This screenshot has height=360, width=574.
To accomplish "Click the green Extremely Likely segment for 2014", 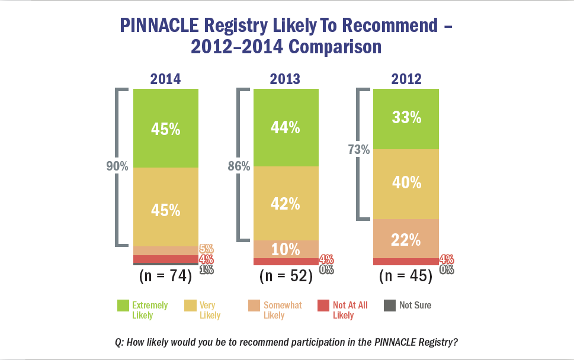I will (x=165, y=128).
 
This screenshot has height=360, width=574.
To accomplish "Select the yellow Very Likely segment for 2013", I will (x=286, y=203).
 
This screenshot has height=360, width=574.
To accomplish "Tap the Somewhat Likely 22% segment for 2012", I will (x=406, y=239).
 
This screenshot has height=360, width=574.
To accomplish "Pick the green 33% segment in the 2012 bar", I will (x=406, y=118).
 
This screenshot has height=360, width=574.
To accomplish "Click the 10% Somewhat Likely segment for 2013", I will (x=286, y=249).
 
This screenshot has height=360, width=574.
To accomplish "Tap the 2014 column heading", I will (x=165, y=79).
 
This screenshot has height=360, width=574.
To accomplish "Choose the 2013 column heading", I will (x=286, y=79).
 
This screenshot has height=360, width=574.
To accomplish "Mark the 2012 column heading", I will (x=406, y=79).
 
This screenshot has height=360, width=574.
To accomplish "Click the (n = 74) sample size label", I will (x=165, y=276).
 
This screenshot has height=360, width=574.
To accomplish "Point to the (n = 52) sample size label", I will (x=286, y=276).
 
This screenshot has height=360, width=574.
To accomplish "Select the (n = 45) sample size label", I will (x=406, y=276).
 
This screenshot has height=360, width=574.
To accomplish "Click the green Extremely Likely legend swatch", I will (x=123, y=306).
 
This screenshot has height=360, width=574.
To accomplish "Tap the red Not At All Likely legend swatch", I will (x=322, y=306).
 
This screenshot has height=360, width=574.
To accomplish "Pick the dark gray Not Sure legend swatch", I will (x=389, y=306).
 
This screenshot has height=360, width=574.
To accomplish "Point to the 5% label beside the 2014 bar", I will (x=206, y=249).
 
